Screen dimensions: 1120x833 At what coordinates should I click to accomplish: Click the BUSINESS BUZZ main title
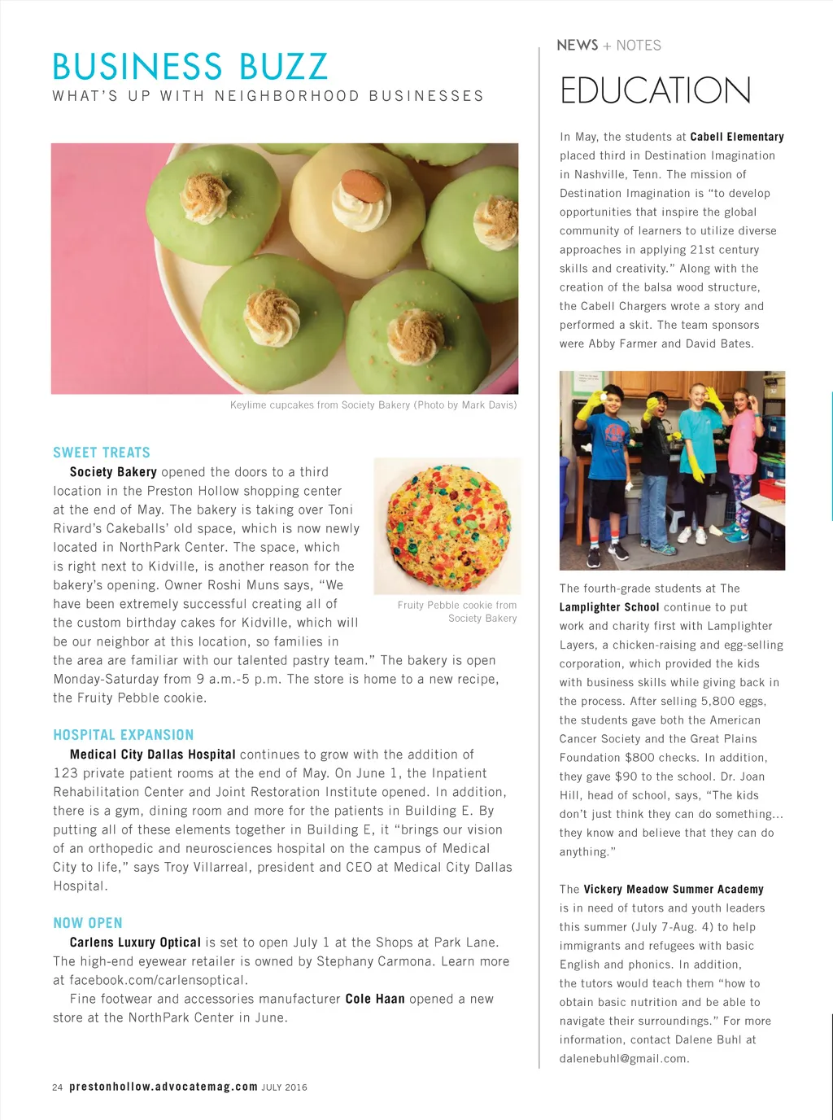190,67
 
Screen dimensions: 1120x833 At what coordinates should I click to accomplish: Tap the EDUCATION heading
655,90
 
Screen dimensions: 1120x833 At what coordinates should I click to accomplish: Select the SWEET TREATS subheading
102,453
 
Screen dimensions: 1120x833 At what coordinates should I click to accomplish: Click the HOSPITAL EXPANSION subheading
124,735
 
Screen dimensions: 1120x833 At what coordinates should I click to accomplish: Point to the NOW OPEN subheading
88,923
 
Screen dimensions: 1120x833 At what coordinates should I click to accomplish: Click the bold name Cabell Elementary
737,137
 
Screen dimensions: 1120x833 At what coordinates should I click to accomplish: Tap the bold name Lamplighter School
609,607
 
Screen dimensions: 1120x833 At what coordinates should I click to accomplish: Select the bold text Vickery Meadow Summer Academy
674,890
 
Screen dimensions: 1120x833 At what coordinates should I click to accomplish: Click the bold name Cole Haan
375,999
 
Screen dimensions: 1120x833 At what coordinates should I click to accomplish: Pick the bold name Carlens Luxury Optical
135,943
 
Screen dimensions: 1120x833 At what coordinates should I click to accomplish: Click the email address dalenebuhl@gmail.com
624,1059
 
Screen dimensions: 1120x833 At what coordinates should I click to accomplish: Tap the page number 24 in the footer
57,1087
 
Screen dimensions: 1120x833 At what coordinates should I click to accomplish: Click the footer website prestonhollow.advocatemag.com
164,1087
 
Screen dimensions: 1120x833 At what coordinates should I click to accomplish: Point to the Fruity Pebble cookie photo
447,527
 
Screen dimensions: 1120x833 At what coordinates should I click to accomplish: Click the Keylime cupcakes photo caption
373,405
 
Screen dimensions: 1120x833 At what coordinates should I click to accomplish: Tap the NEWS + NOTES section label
608,46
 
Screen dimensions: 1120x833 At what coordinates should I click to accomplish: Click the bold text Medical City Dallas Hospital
153,755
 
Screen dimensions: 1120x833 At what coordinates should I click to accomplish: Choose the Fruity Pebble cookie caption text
457,611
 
